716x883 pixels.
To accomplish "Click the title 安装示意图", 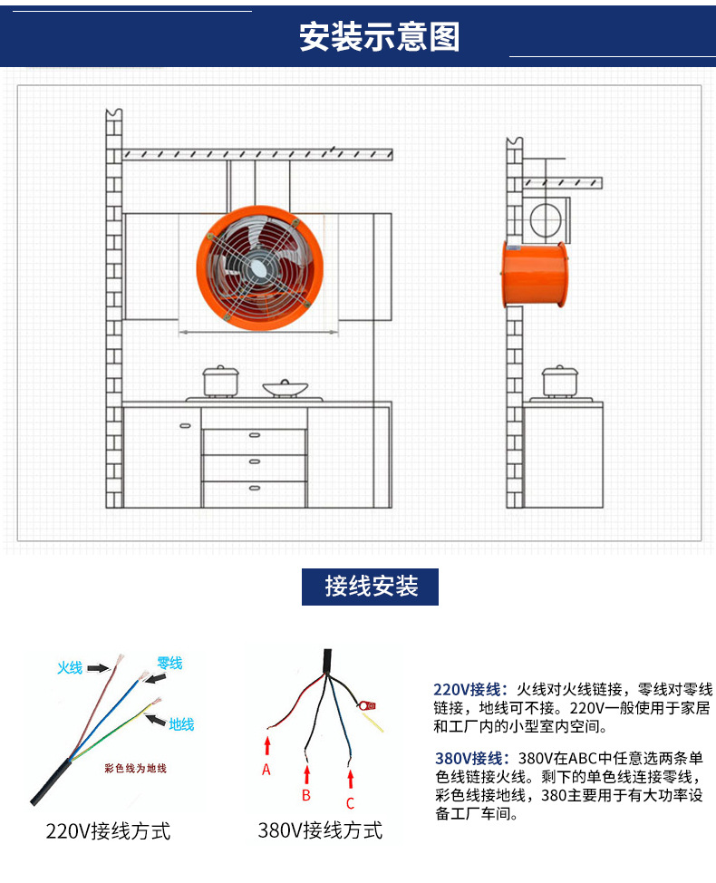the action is [379, 36].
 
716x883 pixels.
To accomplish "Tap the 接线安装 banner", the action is [370, 587].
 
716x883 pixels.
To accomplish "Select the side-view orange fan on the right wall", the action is [534, 275].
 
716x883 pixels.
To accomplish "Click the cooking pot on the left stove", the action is [220, 382].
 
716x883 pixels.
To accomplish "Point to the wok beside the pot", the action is [285, 388].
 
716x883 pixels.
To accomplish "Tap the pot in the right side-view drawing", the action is [559, 382].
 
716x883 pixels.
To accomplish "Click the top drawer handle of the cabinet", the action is [255, 435].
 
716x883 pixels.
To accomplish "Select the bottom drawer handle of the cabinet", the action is [255, 488].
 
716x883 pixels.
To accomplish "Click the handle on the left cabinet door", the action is [185, 426].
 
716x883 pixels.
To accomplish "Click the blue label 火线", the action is [70, 668].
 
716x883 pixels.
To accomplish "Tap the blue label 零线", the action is [169, 664].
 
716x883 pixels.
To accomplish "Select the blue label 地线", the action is [181, 724].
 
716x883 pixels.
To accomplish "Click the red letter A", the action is [266, 770].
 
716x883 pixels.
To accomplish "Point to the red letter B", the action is [306, 795].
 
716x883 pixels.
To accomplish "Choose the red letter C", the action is [350, 803].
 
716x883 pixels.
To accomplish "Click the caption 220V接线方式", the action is [108, 831].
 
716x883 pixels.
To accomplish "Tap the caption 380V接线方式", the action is [320, 830].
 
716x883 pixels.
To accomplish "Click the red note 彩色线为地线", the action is [136, 768].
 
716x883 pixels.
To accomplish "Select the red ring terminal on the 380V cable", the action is [366, 705].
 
